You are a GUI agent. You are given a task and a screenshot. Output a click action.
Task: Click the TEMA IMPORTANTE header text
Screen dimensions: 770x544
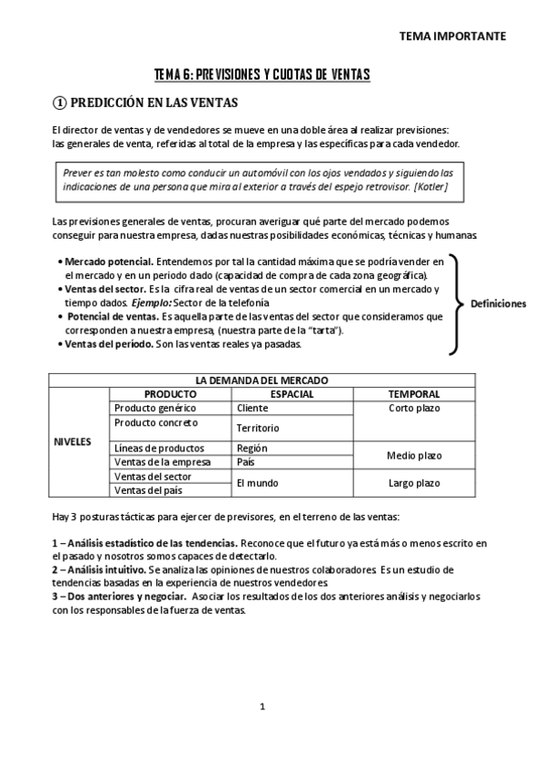(452, 36)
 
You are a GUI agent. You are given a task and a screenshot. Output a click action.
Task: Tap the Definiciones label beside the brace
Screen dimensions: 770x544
(498, 303)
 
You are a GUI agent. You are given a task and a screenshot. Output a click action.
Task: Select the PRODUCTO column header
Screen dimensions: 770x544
(170, 394)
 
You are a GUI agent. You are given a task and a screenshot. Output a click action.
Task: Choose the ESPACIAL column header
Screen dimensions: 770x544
(292, 394)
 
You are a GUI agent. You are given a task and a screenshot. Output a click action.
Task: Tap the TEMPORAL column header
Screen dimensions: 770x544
(414, 394)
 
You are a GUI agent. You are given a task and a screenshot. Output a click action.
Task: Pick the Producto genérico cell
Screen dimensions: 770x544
(155, 408)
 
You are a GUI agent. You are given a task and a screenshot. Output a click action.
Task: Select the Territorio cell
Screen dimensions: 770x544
(258, 427)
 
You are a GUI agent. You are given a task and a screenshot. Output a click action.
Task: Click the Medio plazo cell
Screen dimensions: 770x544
(414, 455)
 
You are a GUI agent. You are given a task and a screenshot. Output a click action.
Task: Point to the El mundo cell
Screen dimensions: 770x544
(257, 483)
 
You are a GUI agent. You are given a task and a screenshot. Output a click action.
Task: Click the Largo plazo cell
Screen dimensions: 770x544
(414, 483)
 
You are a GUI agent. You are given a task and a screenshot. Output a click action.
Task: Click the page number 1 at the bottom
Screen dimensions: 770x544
(262, 706)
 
